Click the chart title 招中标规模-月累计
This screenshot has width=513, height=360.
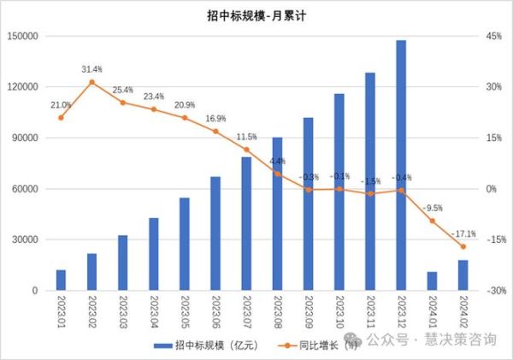(x=256, y=14)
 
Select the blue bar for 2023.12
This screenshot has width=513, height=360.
(x=401, y=165)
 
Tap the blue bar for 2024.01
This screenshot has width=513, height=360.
(x=432, y=281)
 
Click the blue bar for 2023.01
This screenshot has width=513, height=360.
(x=61, y=280)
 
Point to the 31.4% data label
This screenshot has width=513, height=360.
(x=91, y=68)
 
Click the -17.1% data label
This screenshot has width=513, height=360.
(x=465, y=233)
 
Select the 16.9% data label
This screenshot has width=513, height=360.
(x=215, y=118)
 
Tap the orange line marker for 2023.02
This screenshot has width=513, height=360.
(x=91, y=82)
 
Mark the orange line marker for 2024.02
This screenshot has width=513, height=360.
(x=463, y=246)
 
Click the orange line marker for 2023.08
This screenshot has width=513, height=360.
(x=277, y=174)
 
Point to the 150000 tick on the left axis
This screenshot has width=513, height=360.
(x=24, y=36)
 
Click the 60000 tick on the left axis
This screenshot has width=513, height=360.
(x=27, y=189)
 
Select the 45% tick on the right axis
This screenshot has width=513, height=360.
(x=493, y=36)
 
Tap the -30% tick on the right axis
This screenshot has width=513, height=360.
(x=493, y=291)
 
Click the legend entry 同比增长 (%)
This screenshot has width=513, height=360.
(x=324, y=344)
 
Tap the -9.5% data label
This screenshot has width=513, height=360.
(x=433, y=208)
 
